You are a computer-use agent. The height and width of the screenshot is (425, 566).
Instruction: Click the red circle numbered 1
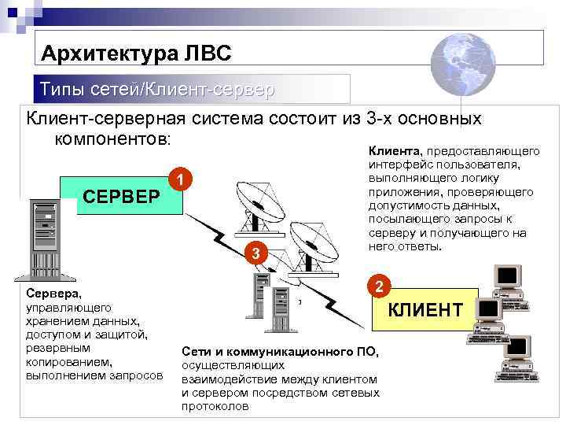coord(181,181)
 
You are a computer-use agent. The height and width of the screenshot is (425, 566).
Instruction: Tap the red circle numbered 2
coord(378,286)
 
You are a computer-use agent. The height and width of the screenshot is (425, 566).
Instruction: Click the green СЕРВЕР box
coord(121,195)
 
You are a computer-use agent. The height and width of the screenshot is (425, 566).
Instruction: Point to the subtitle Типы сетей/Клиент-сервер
coord(157,90)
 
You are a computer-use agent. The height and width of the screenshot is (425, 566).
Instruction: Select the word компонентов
coord(111,139)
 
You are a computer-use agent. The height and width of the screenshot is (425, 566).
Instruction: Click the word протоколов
coord(215,406)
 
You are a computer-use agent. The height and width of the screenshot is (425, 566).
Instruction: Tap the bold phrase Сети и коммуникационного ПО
coord(280,351)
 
